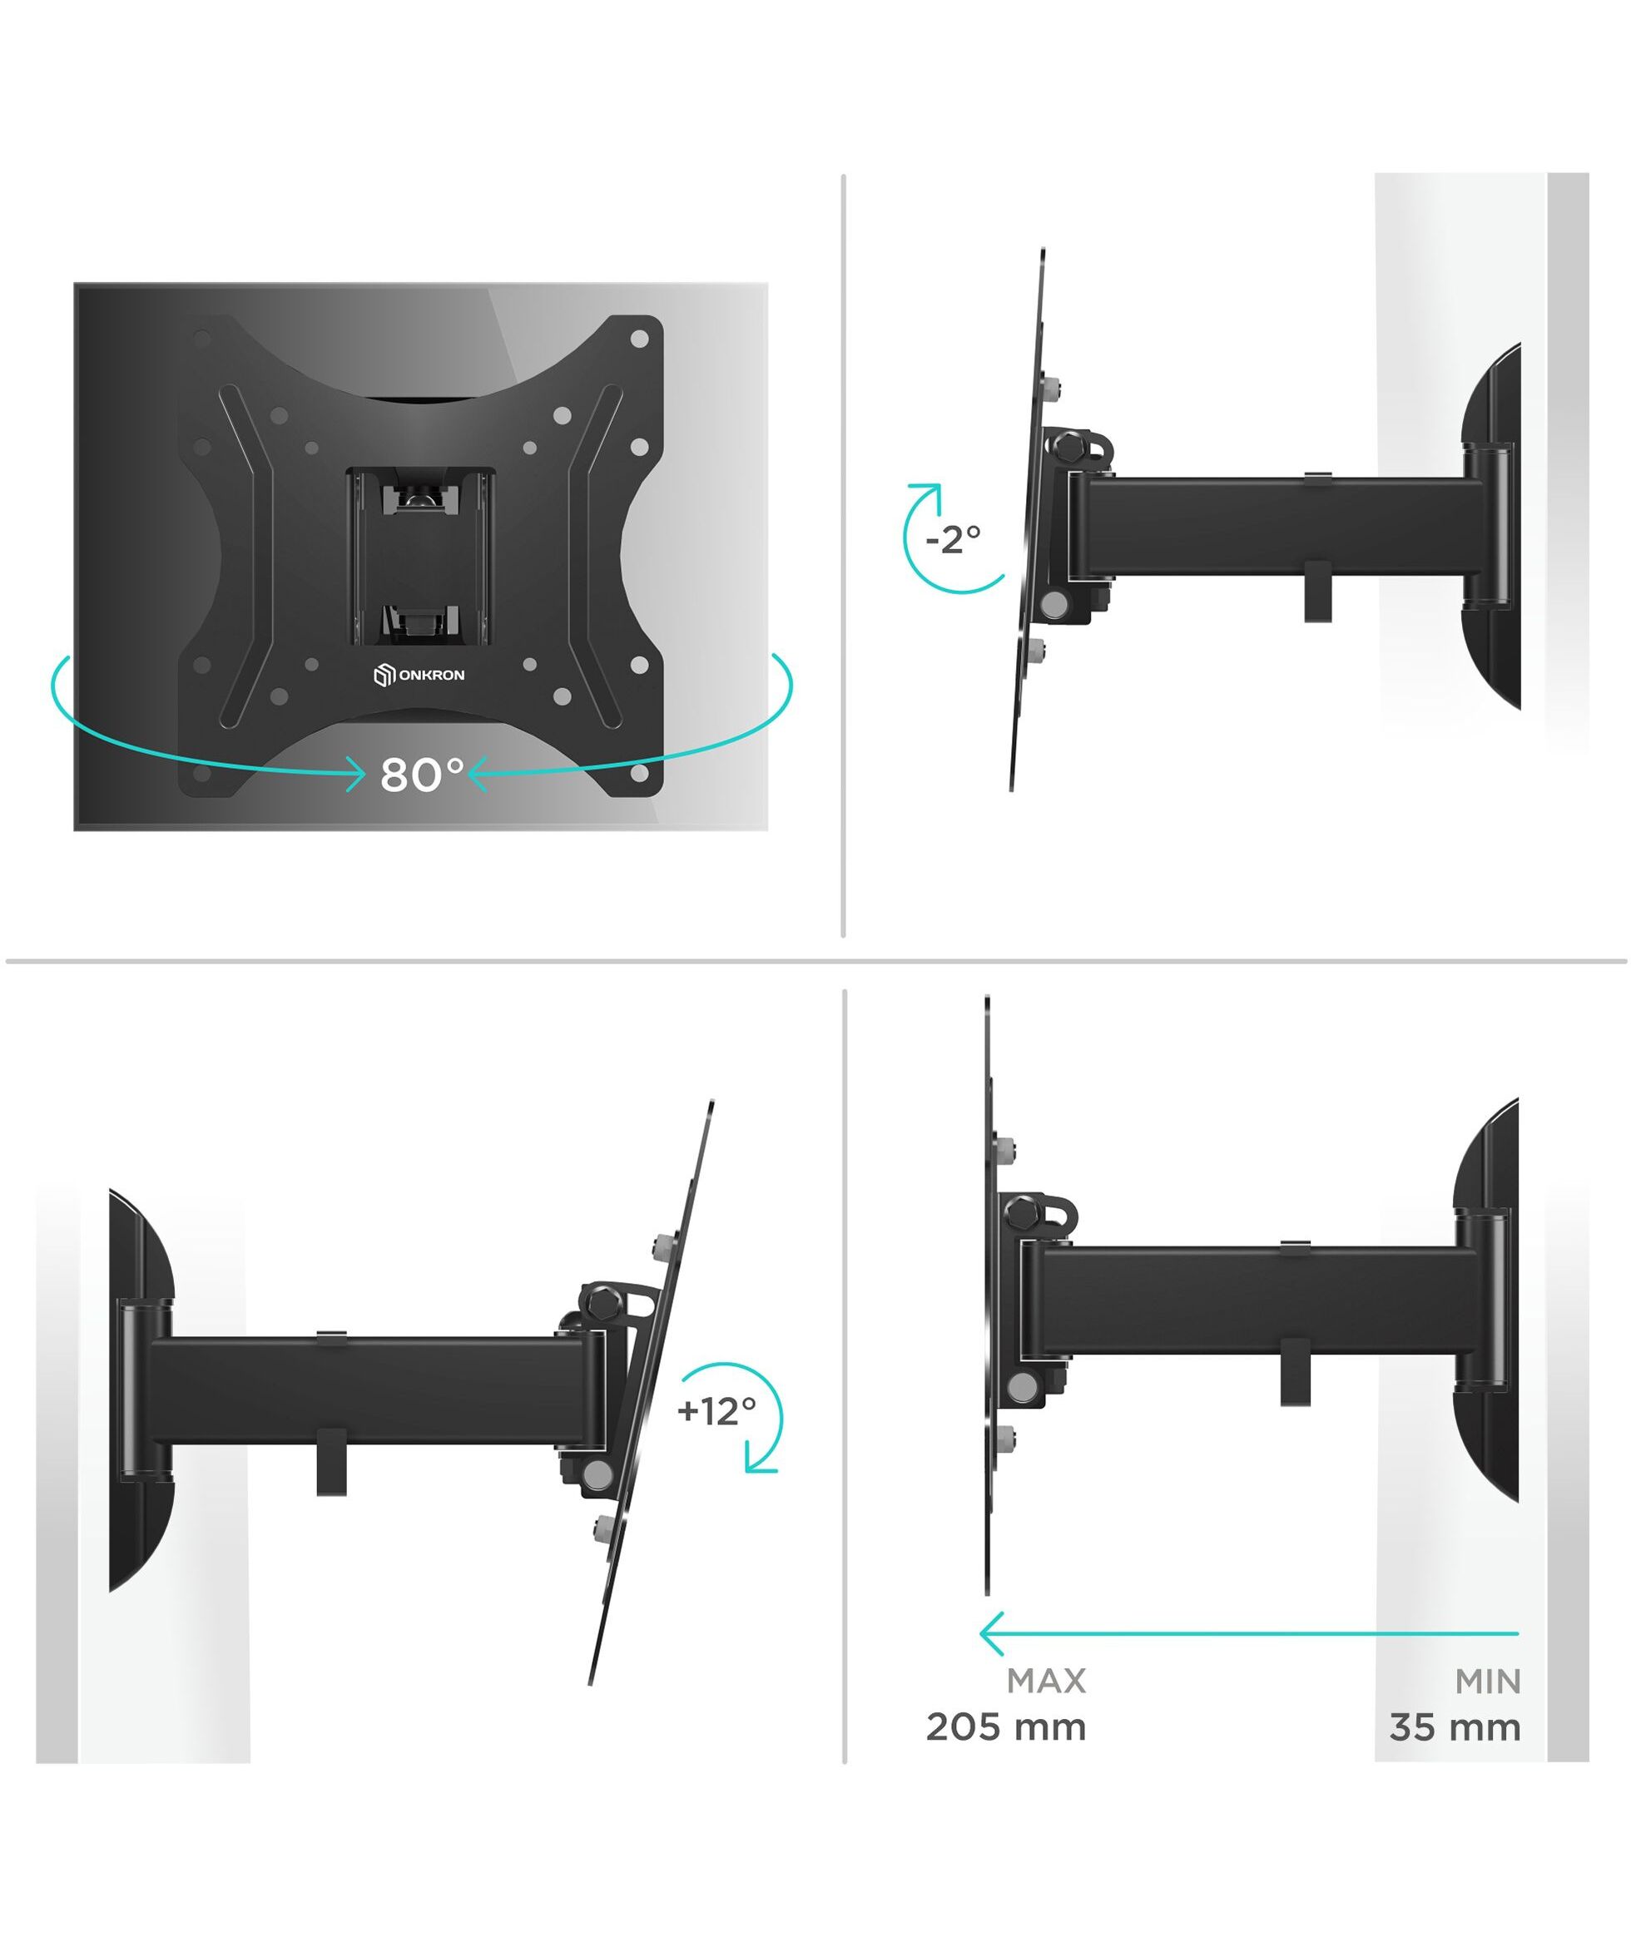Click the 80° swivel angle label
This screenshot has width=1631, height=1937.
pos(422,775)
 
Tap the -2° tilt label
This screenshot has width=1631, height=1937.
pos(954,539)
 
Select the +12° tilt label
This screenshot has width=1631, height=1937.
pos(716,1411)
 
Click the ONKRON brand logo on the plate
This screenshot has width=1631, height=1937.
pos(419,676)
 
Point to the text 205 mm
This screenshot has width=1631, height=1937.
pos(1006,1727)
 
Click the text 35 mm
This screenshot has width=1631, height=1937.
pos(1455,1727)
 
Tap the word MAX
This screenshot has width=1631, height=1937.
pos(1046,1681)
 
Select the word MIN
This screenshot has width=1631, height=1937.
pos(1488,1681)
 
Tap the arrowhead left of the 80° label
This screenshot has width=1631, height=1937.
pos(356,773)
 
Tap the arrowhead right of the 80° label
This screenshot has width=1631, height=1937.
pos(478,773)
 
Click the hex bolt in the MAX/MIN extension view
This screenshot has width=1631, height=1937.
pos(1023,1211)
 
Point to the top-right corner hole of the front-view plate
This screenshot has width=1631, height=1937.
pos(639,339)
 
